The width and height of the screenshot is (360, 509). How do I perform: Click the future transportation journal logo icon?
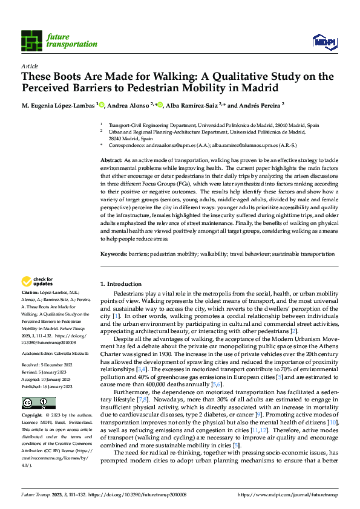point(32,41)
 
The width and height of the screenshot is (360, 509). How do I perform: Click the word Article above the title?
point(30,66)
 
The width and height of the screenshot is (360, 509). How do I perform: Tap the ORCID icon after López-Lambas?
point(102,104)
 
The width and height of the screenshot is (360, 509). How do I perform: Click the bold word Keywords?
point(114,255)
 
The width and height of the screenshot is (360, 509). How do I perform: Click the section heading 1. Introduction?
point(120,284)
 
